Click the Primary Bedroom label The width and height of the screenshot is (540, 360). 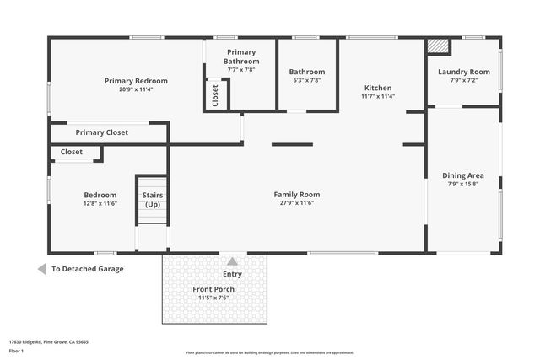pos(136,81)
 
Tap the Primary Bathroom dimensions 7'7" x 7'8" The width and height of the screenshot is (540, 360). pos(240,71)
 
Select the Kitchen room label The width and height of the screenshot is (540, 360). pos(377,88)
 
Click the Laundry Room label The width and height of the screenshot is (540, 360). pos(463,72)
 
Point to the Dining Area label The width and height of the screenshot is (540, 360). pos(463,175)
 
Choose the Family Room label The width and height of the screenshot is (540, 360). pos(297,195)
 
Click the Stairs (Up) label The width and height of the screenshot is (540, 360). pos(153,200)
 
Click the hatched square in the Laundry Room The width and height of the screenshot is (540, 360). pos(437,46)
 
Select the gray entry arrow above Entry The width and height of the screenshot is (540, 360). pos(232,261)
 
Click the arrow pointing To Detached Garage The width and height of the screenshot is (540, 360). pos(41,269)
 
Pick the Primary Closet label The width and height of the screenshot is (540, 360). pos(101,132)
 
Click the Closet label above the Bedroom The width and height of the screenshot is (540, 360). pos(72,153)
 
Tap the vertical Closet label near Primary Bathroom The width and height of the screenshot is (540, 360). pos(215,94)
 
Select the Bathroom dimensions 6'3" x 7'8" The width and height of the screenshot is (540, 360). pos(306,81)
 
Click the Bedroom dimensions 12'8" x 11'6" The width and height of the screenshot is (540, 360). pos(100,204)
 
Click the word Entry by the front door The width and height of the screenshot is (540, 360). pos(232,274)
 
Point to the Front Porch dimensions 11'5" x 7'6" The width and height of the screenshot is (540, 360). pos(216,298)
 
